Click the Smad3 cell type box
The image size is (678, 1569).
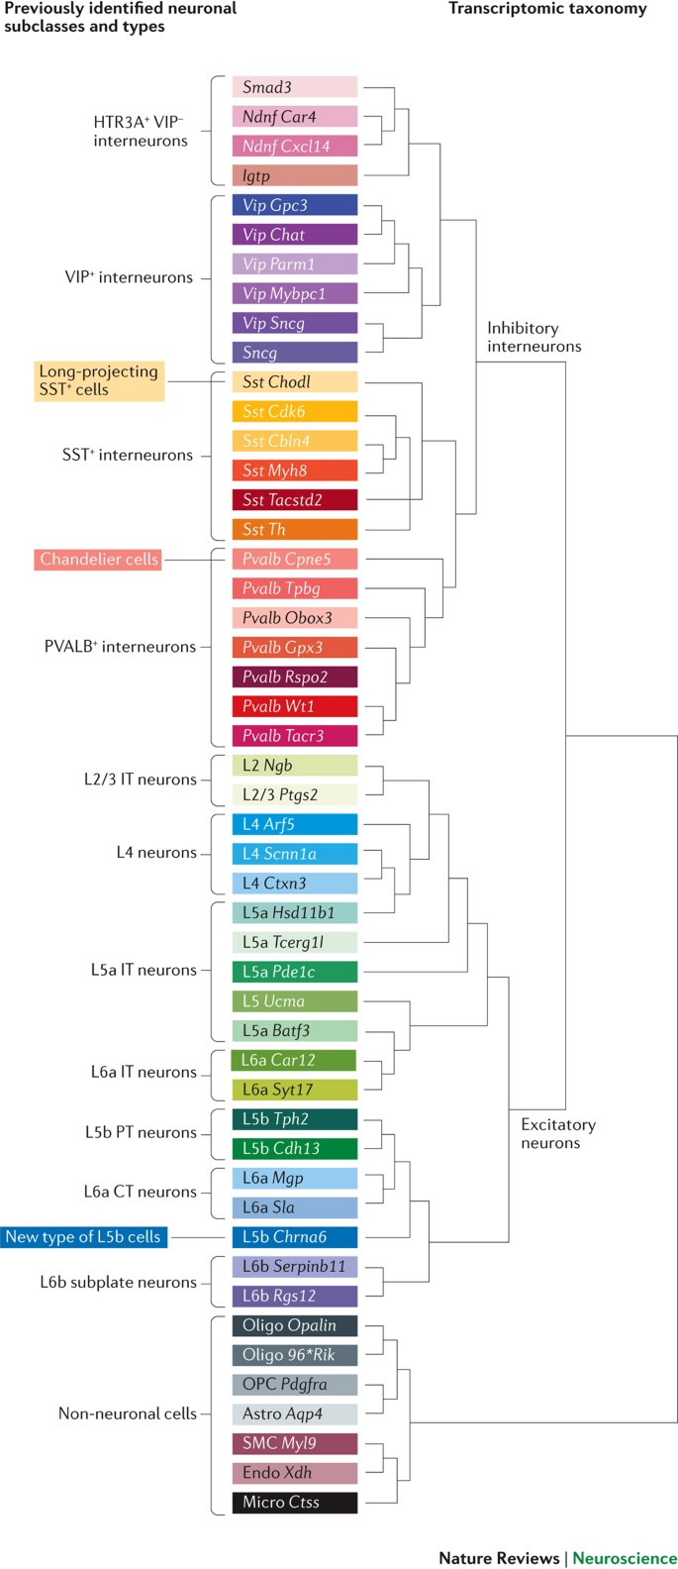[294, 87]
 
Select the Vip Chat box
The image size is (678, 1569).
[294, 235]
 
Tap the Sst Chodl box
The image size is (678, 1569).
[294, 382]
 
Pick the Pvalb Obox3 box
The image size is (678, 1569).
[294, 618]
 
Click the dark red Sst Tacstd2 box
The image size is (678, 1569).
[294, 500]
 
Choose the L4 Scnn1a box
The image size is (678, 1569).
[294, 854]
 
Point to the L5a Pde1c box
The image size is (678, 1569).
[294, 972]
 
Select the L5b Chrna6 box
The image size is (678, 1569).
[294, 1237]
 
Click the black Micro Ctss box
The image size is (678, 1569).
[294, 1503]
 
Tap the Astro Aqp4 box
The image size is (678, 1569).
[294, 1413]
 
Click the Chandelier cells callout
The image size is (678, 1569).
[99, 560]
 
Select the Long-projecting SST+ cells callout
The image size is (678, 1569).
[99, 380]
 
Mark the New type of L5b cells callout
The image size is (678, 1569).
[83, 1237]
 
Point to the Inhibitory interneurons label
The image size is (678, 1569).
[533, 337]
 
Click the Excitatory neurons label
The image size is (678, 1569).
[558, 1134]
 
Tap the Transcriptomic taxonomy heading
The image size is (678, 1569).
[547, 9]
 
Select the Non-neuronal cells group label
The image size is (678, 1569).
[128, 1413]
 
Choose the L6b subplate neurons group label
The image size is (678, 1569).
[118, 1282]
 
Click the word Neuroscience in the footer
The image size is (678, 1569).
[625, 1558]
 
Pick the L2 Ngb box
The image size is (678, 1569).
[294, 766]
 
